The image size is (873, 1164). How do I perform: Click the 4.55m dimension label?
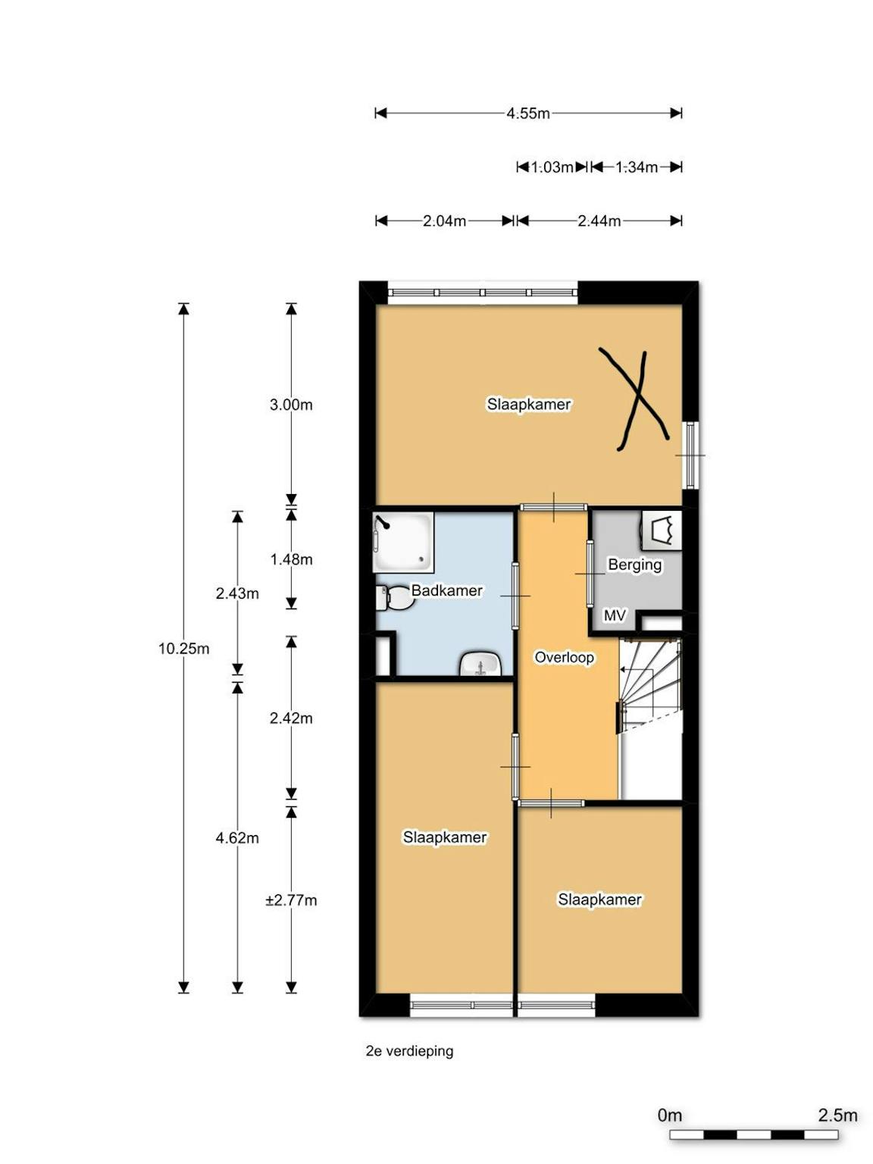click(x=528, y=113)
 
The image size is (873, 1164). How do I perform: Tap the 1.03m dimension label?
click(x=552, y=167)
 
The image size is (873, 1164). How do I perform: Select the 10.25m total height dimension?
click(x=183, y=649)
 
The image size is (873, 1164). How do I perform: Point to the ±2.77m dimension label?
click(x=291, y=900)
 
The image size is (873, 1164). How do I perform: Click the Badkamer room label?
click(x=447, y=590)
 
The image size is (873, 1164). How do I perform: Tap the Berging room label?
click(x=634, y=565)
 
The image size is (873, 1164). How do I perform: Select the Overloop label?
click(x=564, y=658)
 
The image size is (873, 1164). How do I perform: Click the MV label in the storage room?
click(x=615, y=615)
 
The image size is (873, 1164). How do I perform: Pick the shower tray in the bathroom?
click(x=403, y=543)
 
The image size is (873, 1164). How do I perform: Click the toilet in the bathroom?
click(x=395, y=598)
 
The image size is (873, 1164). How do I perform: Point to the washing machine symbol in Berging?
click(x=661, y=529)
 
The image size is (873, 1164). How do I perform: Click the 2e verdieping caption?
click(x=409, y=1051)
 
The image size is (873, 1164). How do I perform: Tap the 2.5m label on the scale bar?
click(x=837, y=1115)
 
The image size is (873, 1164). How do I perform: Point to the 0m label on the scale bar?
click(x=669, y=1115)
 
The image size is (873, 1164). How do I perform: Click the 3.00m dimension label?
click(x=291, y=405)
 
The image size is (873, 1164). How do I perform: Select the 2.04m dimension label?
click(x=444, y=221)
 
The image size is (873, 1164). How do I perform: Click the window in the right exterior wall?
click(x=690, y=455)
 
